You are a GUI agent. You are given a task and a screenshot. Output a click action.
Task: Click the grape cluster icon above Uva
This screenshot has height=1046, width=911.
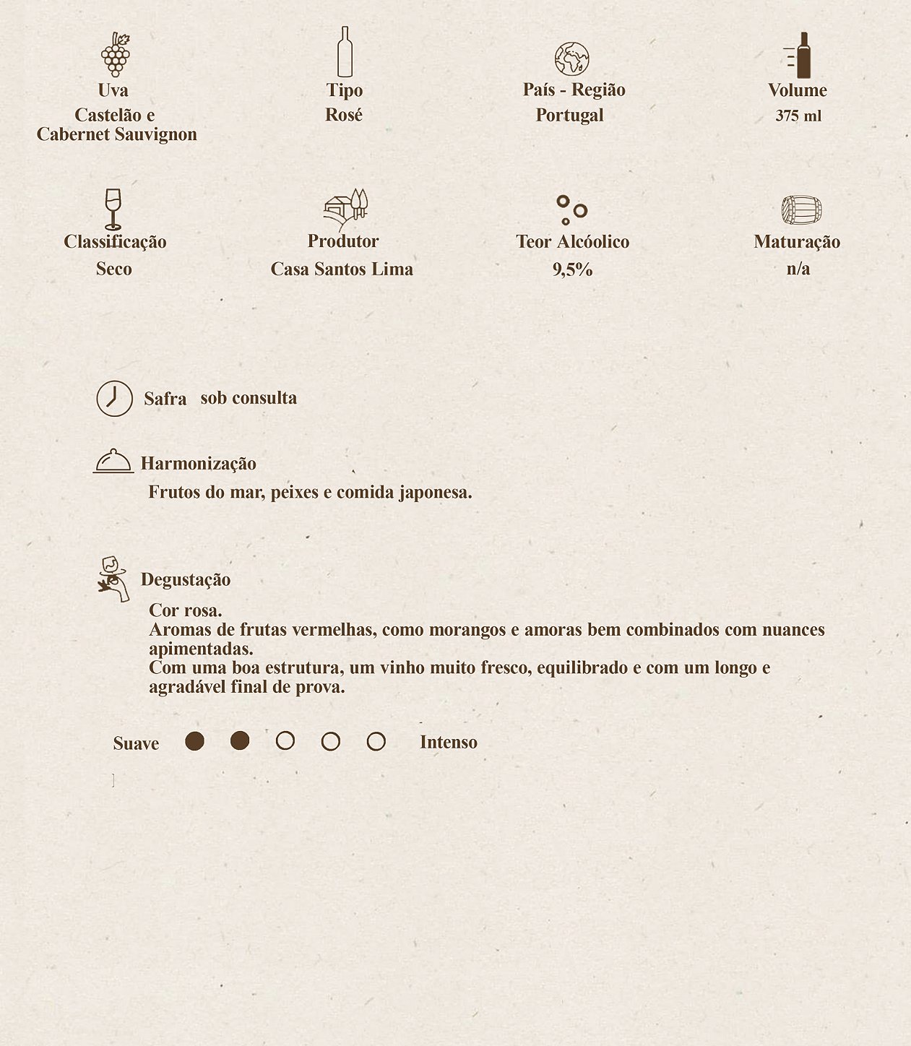point(115,55)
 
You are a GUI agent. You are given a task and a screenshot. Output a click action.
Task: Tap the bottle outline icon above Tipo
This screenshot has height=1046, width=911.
point(345,52)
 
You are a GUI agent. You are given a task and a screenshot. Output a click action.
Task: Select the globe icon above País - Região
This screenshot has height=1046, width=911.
point(571,59)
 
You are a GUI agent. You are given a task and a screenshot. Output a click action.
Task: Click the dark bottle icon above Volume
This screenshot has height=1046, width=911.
point(800,56)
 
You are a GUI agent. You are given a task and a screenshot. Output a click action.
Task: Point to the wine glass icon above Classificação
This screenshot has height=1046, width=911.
point(113,209)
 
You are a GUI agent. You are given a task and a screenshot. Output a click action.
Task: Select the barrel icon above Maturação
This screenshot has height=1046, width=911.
point(801,210)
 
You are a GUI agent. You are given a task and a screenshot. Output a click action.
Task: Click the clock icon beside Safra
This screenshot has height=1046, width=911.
point(115,399)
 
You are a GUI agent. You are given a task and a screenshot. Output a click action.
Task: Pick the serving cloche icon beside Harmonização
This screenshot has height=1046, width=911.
point(113,461)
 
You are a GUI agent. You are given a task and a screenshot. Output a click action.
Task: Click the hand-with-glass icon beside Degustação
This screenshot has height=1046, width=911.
point(113,579)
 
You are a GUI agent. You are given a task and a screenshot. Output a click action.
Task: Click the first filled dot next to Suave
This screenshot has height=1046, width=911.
point(194,741)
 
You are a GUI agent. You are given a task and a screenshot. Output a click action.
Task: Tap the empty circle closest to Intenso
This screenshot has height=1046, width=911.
point(376,741)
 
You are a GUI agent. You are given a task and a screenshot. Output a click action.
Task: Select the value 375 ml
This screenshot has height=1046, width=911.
point(798,116)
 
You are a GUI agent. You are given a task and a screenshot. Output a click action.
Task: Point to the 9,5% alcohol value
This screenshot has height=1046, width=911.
point(572,269)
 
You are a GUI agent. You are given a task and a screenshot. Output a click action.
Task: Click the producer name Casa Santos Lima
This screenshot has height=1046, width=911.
point(342,269)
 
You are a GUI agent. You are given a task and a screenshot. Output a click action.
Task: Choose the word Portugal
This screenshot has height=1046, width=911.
point(569,115)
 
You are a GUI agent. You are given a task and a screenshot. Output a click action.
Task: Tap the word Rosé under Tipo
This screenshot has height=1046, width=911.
point(344,115)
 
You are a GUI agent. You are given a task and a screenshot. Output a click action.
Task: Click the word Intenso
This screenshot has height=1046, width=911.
point(448,743)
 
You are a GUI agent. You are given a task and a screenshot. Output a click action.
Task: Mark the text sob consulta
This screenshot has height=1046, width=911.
point(249,398)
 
